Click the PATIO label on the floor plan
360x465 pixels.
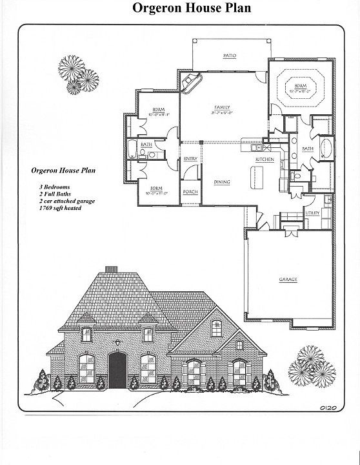(x=228, y=56)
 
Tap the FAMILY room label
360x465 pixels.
(x=221, y=108)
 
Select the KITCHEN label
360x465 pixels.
(x=265, y=159)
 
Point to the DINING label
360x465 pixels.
(x=222, y=183)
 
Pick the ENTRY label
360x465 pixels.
(x=190, y=159)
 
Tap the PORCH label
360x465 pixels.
(x=190, y=192)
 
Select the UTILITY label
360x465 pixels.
(x=313, y=212)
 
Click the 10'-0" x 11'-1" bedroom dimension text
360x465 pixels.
(x=157, y=114)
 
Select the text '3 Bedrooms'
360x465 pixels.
(x=54, y=186)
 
